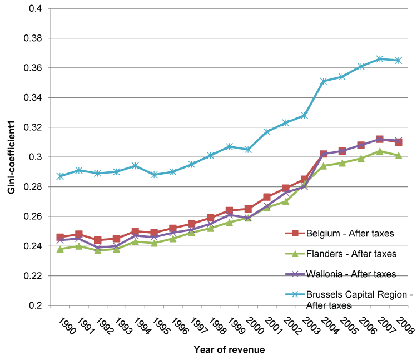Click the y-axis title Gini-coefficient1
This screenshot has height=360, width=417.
coord(11,157)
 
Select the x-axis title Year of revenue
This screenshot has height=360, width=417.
coord(229,349)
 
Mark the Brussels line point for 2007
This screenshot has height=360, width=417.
coord(380,59)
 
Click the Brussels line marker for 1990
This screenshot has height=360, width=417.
coord(60,176)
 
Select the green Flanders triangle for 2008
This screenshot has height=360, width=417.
coord(398,156)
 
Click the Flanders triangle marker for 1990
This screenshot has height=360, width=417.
coord(60,249)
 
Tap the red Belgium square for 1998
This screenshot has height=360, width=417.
coord(210,218)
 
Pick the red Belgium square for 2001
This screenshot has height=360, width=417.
coord(267,197)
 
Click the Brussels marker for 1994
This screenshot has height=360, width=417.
coord(135,166)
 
